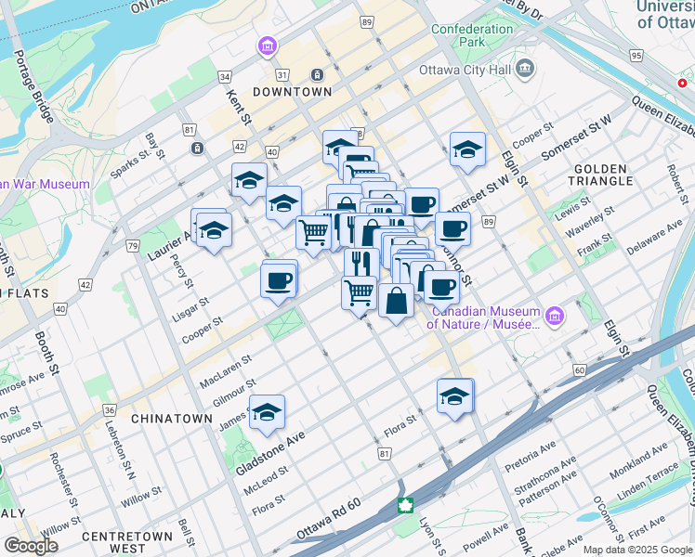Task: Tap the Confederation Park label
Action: point(472,35)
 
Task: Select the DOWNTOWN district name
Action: point(293,92)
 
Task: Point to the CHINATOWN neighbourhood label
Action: point(172,419)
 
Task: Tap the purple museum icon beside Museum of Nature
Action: point(555,316)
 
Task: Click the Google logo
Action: point(30,546)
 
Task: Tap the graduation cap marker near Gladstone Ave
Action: point(267,413)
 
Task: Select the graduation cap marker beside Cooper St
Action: point(467,149)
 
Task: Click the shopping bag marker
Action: point(396,301)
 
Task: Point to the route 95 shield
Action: point(636,56)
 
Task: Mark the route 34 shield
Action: point(224,76)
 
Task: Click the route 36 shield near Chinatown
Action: point(110,409)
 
